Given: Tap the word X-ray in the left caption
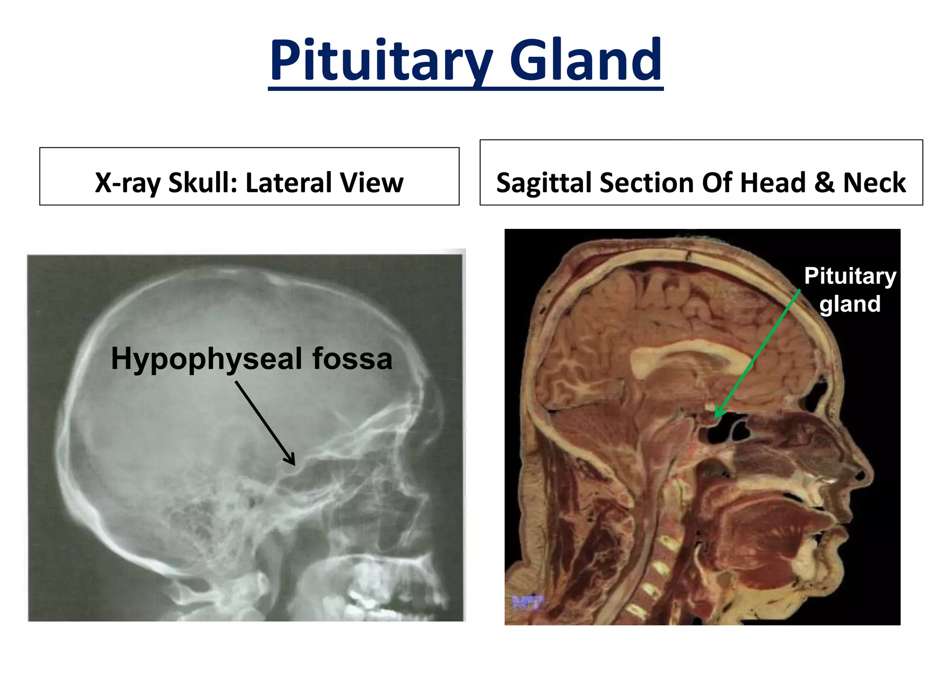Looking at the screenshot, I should [x=127, y=183].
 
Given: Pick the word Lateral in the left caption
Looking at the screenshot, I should [x=289, y=183].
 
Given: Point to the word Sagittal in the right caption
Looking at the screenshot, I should [x=544, y=183].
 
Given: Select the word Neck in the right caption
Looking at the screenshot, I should [x=874, y=183].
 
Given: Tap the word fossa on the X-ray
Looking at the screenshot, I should [x=352, y=359].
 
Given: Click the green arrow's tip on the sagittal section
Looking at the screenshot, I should [x=716, y=416].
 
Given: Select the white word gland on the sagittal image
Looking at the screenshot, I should [x=850, y=304].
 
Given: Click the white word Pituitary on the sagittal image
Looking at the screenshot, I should [x=850, y=276].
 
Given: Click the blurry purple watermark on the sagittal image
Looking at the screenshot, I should [x=528, y=603].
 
